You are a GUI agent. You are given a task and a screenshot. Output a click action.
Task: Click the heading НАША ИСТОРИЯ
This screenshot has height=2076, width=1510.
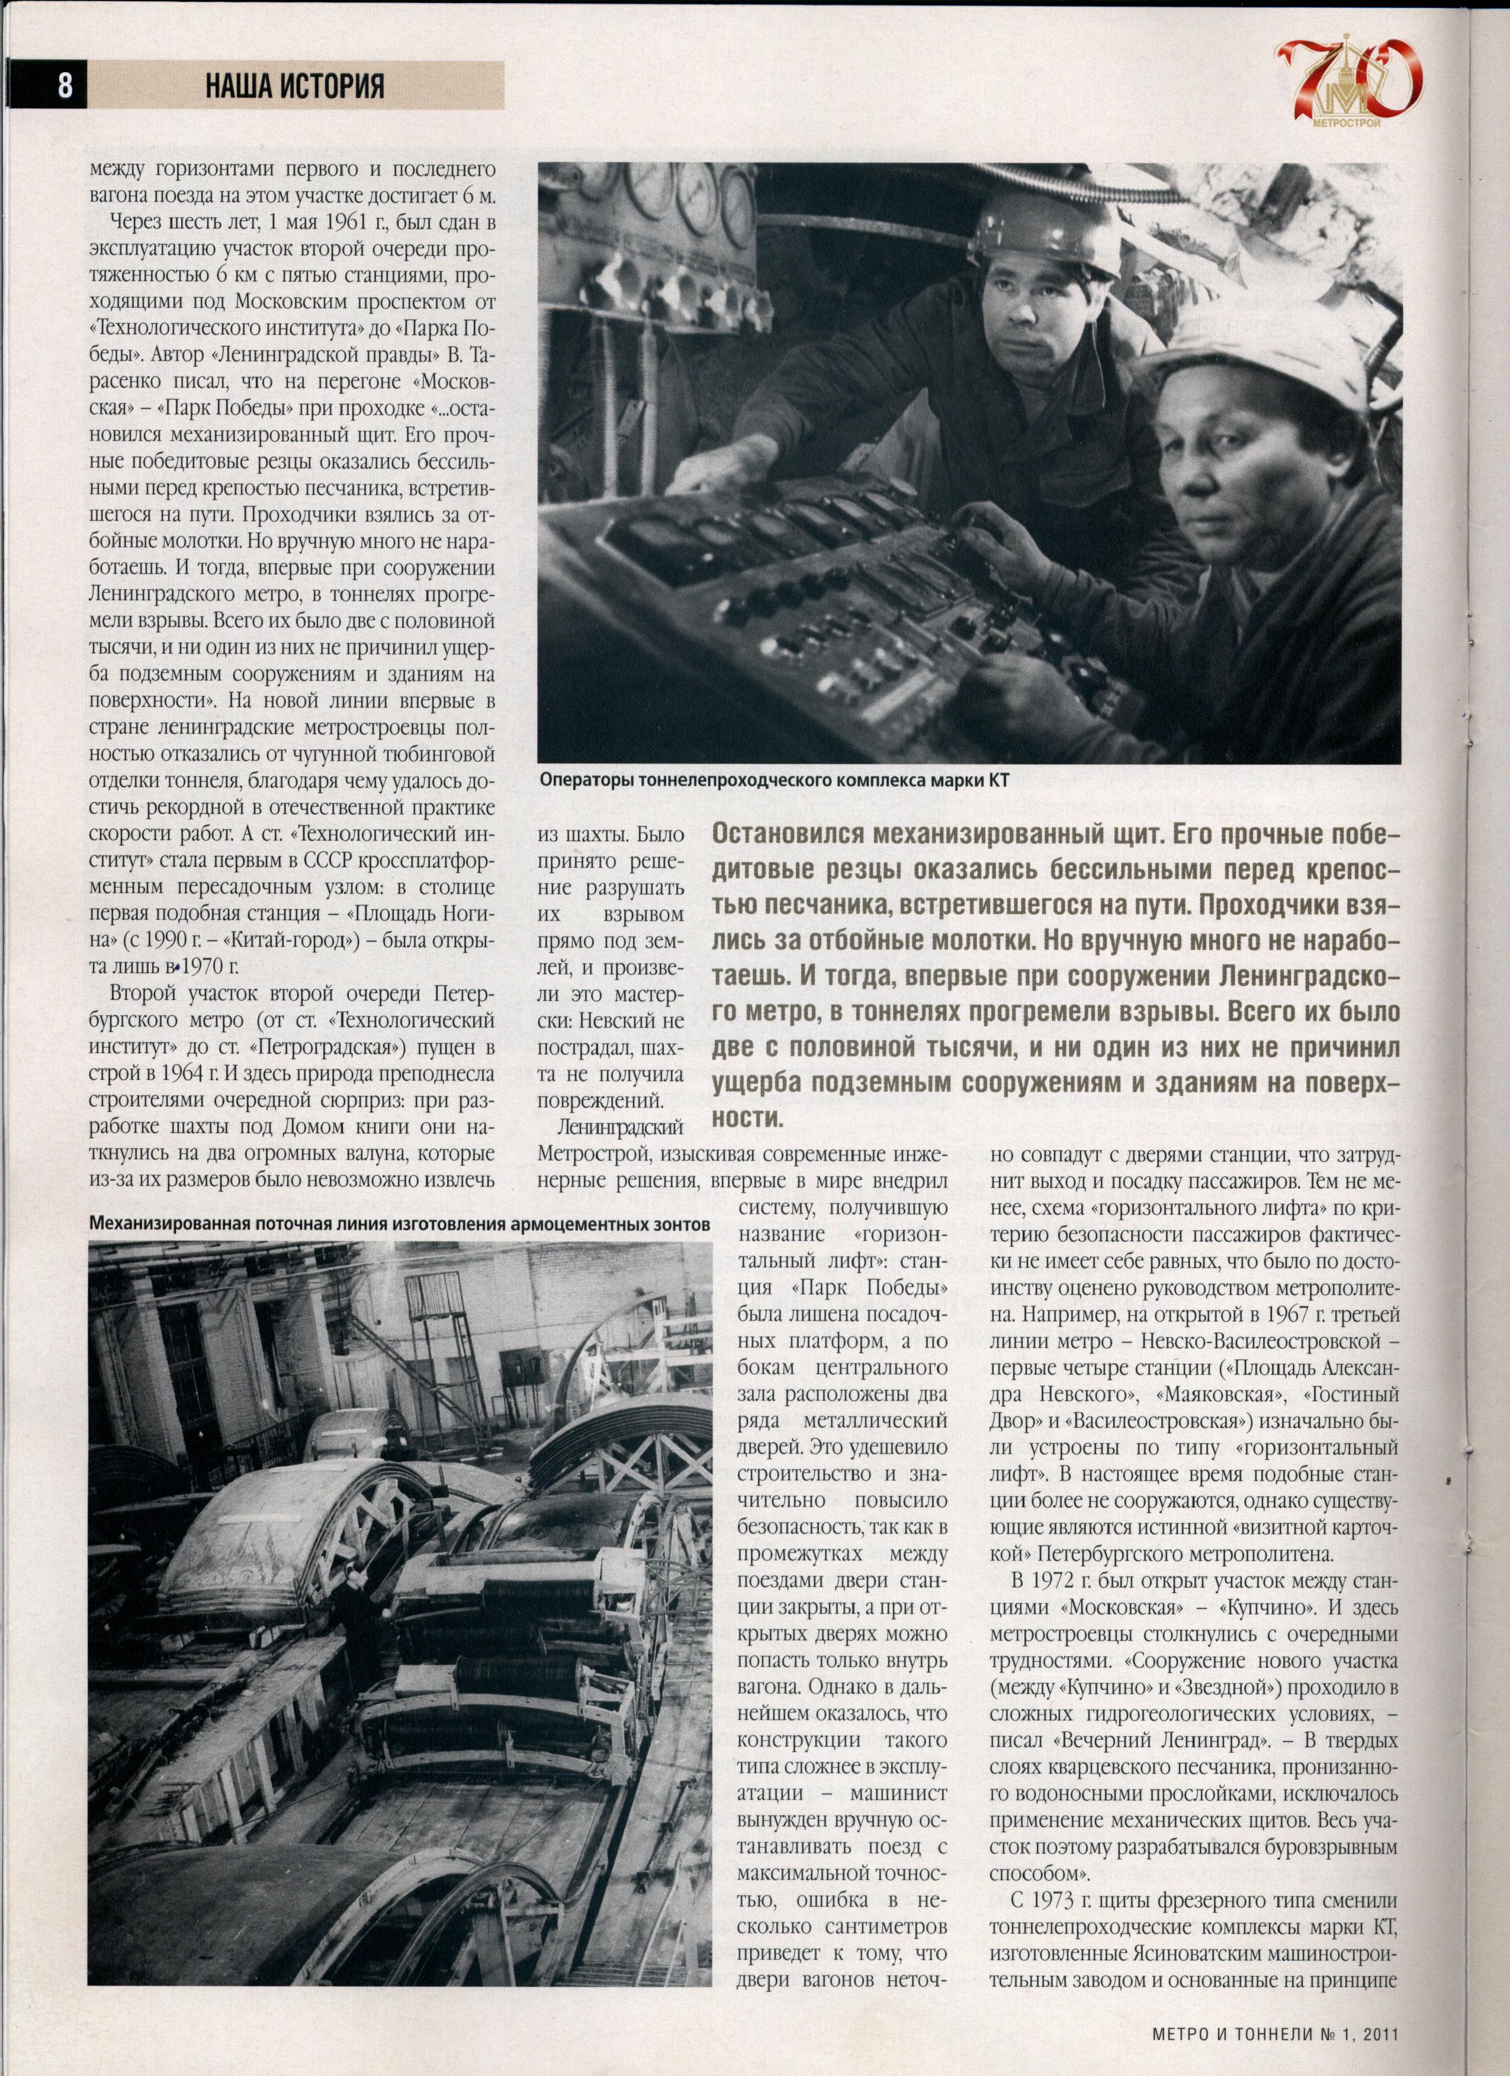[295, 86]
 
